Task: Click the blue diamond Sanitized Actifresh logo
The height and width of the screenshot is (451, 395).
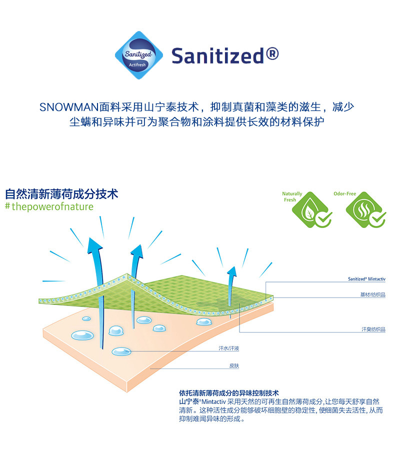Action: [138, 55]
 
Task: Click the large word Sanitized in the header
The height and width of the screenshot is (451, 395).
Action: [217, 55]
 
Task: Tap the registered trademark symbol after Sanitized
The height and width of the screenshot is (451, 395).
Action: [272, 52]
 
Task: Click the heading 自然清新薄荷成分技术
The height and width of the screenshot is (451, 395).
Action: [61, 193]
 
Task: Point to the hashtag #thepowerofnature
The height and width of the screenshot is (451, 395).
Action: [49, 206]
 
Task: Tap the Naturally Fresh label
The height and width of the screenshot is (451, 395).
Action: [292, 196]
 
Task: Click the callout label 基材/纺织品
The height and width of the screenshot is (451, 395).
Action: [372, 294]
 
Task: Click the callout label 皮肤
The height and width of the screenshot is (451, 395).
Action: [234, 365]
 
